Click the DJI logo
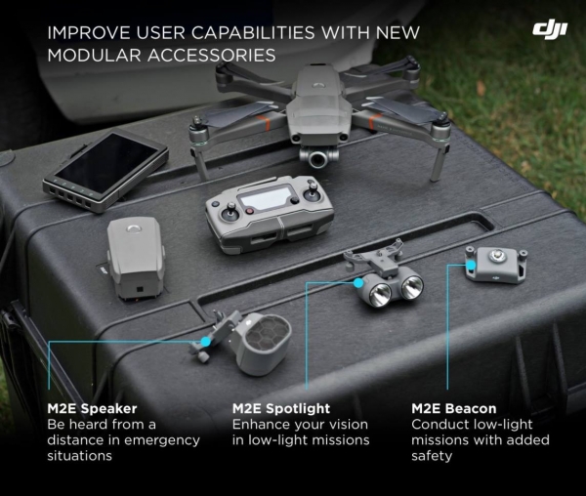point(550,30)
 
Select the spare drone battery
point(136,259)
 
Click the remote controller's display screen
point(266,198)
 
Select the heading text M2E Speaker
point(92,408)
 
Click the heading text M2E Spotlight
point(281,408)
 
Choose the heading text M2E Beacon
point(454,408)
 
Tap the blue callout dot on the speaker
point(205,341)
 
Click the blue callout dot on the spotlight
point(358,283)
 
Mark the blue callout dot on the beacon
point(472,265)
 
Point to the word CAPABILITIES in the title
point(253,33)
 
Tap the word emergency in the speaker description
point(162,440)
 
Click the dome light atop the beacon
point(496,256)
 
